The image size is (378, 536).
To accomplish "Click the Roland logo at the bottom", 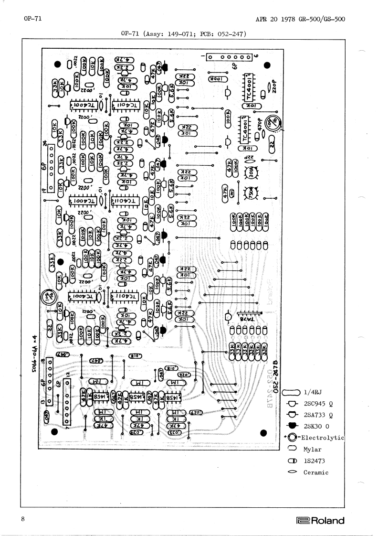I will click(320, 521).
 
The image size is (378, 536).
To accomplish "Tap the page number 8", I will click(22, 519).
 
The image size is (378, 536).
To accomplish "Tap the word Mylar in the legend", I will click(312, 449).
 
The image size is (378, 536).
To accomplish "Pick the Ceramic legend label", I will click(316, 472).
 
